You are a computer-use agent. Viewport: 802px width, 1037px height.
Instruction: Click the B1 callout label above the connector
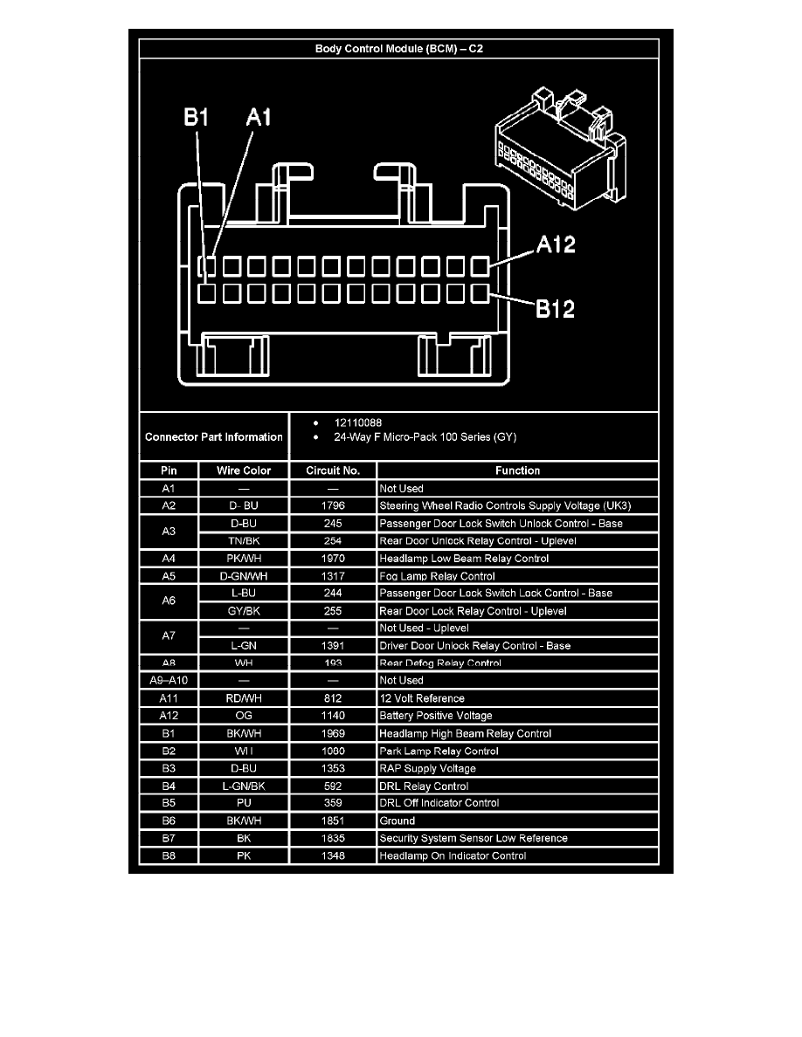196,117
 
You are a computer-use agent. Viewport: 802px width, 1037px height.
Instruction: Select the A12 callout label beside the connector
555,245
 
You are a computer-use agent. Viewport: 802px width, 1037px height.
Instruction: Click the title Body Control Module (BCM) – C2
398,49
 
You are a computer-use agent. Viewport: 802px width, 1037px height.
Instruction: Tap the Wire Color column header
244,470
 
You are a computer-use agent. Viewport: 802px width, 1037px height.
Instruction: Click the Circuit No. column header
333,470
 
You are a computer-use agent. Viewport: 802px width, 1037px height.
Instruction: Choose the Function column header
517,470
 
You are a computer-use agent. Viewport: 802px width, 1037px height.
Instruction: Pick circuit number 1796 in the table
332,505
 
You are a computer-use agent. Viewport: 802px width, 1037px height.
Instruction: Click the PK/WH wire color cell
244,558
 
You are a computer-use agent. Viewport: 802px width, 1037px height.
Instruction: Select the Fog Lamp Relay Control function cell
437,576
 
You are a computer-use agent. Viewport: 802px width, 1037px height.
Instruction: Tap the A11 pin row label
169,698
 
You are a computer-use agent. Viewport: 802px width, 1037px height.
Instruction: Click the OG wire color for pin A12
244,716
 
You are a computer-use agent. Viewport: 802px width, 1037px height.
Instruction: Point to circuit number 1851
332,821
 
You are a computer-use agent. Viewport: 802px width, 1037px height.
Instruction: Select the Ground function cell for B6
398,821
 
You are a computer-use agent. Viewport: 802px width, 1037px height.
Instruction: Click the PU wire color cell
244,803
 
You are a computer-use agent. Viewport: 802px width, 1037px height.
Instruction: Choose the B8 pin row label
169,855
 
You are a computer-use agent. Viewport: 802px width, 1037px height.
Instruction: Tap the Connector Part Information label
214,436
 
